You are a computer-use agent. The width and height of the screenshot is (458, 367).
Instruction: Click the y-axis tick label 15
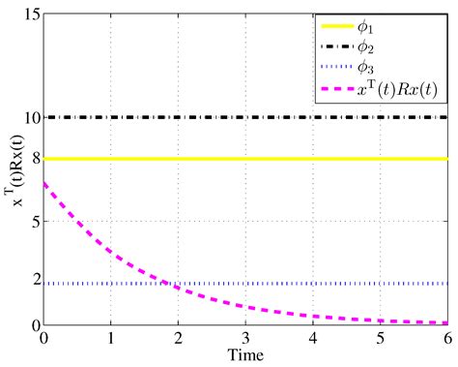30,15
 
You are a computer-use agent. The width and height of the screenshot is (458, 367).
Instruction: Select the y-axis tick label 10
30,118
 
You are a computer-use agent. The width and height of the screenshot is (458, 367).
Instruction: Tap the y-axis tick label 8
34,159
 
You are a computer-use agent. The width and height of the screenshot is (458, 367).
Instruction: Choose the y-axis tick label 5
34,221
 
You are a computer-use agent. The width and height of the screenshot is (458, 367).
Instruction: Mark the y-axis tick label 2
34,283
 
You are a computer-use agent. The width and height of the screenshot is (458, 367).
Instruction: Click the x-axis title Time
246,355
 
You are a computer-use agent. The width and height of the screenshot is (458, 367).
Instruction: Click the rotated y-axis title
12,169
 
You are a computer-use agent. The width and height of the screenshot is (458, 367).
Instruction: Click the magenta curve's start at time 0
44,183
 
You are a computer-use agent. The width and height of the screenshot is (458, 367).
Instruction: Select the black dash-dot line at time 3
246,117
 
